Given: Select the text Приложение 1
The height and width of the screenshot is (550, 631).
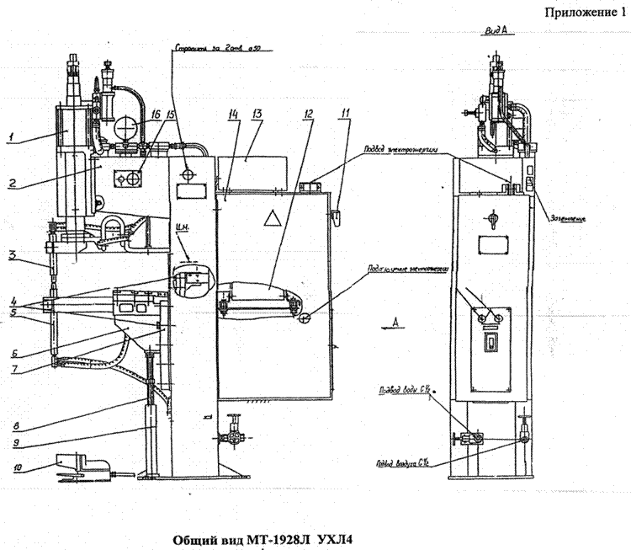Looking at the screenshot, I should coord(585,13).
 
